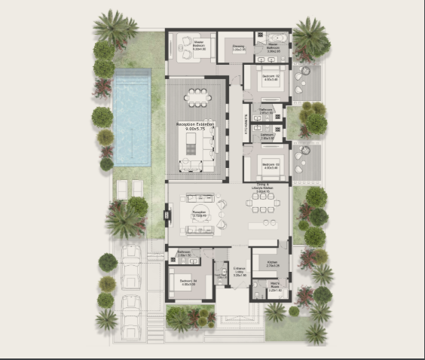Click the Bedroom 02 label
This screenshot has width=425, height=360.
[271, 78]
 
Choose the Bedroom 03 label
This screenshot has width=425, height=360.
[271, 165]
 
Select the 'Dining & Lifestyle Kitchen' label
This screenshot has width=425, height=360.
[262, 189]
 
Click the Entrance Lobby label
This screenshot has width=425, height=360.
[239, 273]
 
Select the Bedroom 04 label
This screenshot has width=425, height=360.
[188, 282]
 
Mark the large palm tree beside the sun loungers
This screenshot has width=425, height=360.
[124, 221]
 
